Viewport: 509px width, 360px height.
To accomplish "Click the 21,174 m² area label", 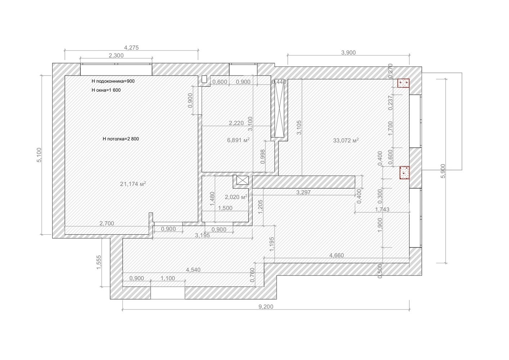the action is (x=133, y=184).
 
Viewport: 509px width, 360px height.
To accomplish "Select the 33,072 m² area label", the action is (x=346, y=140).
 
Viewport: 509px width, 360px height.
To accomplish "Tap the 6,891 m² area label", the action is (x=238, y=140).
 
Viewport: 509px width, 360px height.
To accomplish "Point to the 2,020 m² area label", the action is (x=236, y=197).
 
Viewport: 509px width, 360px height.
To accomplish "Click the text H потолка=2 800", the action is (x=121, y=139).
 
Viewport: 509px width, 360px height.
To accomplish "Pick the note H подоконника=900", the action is (x=113, y=81).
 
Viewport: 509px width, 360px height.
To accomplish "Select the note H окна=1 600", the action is (x=106, y=90).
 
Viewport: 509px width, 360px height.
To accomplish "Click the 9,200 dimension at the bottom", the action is (x=266, y=307).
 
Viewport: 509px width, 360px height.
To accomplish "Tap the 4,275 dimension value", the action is (x=131, y=48).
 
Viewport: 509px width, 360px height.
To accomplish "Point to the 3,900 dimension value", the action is (x=348, y=53).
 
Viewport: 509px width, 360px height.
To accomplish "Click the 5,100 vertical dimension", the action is (x=39, y=155).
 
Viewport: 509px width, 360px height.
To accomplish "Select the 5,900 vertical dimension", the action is (x=443, y=171).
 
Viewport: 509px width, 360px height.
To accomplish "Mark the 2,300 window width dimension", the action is (x=116, y=55).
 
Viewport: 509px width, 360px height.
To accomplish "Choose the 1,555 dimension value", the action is (x=99, y=262).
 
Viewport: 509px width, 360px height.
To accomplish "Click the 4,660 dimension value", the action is (x=336, y=255).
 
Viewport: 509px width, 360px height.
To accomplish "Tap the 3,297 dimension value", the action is (x=303, y=192).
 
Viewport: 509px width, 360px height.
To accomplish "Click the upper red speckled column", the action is (x=403, y=83).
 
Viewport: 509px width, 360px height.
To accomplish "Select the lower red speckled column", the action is (x=405, y=172).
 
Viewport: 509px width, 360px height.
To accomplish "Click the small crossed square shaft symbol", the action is (x=243, y=180).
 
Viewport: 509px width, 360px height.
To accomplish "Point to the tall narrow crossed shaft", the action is (x=279, y=108).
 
